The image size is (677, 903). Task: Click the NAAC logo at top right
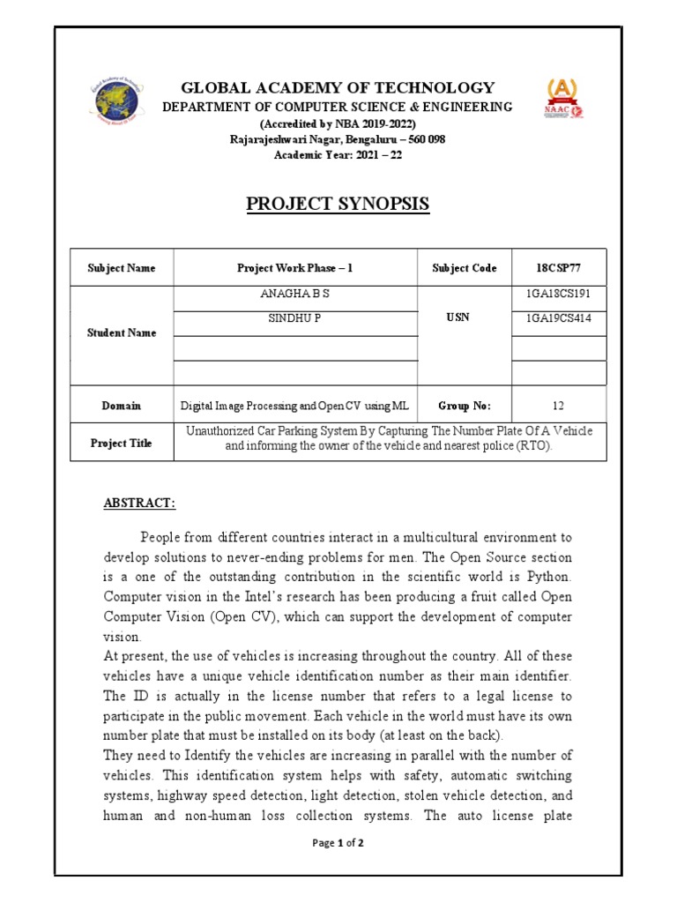pos(564,100)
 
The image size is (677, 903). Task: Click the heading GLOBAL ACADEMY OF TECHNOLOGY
pos(338,87)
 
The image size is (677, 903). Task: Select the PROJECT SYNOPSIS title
pos(338,204)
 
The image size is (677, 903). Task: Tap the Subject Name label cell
pos(122,268)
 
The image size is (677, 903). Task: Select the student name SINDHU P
pos(294,318)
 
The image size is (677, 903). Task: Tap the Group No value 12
pos(557,406)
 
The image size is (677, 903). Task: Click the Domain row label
pos(122,406)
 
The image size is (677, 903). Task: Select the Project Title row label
pos(122,444)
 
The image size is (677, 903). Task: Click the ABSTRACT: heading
pos(140,503)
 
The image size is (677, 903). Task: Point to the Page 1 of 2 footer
pos(338,843)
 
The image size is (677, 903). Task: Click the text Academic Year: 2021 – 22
pos(338,154)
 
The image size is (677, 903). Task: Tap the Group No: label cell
pos(464,406)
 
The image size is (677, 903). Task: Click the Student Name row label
pos(122,332)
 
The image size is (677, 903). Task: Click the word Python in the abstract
pos(550,577)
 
